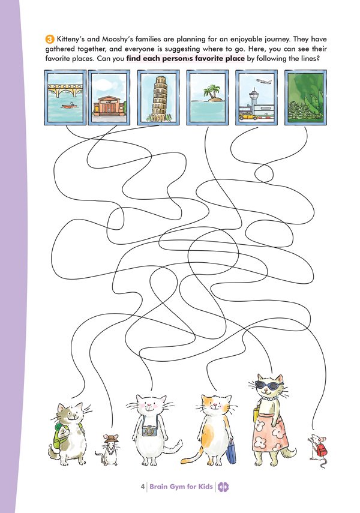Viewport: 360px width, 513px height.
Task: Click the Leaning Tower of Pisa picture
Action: point(158,97)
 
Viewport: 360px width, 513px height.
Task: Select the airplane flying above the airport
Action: point(264,82)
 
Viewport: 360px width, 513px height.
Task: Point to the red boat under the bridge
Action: point(70,106)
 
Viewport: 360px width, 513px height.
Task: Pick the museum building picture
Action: point(109,97)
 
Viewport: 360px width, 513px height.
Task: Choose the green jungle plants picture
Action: point(305,97)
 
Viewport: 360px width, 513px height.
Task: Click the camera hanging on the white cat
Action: point(149,430)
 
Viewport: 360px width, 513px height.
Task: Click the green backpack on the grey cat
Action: point(61,435)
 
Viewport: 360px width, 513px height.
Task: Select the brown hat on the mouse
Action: point(111,439)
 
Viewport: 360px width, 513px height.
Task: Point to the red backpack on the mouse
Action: point(322,450)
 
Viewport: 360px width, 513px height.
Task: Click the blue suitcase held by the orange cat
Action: point(231,451)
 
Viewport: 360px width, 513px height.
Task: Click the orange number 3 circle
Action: point(49,40)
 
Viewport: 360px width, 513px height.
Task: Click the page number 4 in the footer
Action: point(142,487)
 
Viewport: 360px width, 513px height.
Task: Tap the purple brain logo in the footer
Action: point(223,487)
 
